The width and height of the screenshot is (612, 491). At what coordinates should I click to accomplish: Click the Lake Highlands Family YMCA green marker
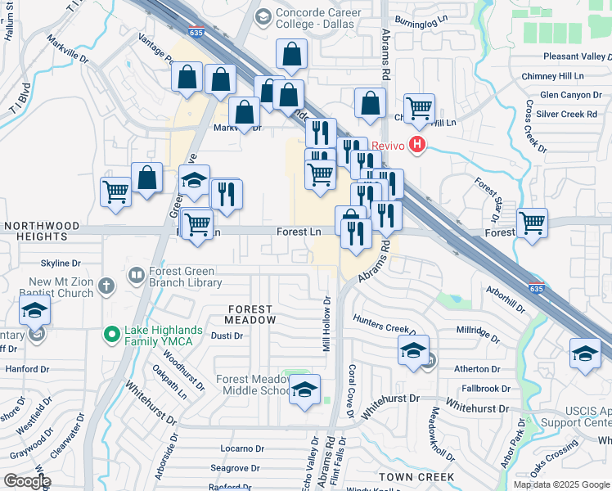click(x=111, y=333)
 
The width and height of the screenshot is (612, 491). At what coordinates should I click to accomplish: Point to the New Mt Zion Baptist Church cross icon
click(x=105, y=286)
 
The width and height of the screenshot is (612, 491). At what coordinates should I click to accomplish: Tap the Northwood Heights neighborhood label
click(x=41, y=231)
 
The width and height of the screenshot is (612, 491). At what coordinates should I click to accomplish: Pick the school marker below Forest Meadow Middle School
click(x=304, y=390)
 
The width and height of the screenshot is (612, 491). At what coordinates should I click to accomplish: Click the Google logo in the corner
click(x=26, y=481)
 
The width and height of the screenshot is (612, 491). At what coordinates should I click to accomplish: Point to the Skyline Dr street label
click(x=61, y=264)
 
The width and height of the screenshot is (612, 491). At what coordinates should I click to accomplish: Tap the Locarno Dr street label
click(x=233, y=449)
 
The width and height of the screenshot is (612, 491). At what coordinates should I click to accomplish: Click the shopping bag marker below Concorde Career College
click(x=292, y=55)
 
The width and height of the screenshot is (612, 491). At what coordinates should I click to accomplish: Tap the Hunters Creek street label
click(x=380, y=325)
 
